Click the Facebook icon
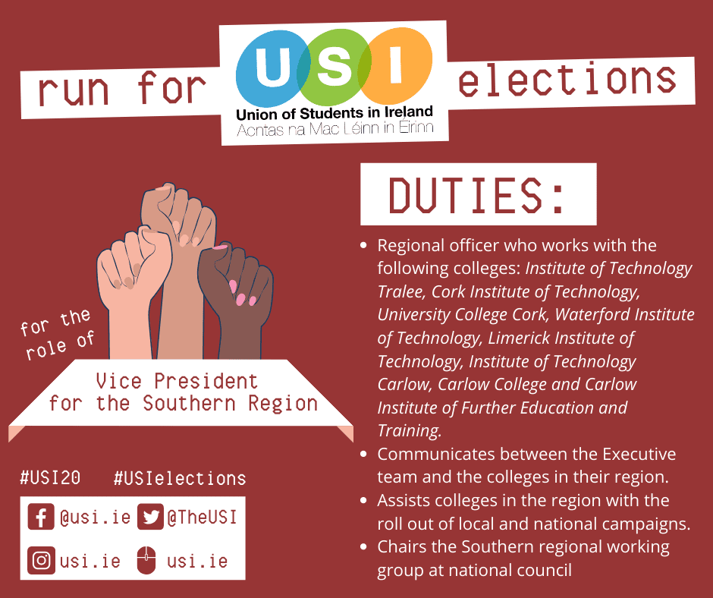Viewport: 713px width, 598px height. pos(41,517)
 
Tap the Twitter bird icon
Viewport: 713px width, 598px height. pos(150,517)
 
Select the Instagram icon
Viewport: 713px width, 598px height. pos(42,560)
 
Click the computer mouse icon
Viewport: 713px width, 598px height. pos(146,560)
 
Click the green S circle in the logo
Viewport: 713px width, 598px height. pos(335,67)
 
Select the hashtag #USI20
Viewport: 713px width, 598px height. pos(51,478)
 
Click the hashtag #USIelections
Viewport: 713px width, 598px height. pos(180,478)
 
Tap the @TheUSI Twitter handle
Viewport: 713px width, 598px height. pos(202,517)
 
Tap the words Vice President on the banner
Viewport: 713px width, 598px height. pos(177,381)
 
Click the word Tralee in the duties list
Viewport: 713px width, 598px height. pos(400,291)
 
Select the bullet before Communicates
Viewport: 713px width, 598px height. pos(363,454)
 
